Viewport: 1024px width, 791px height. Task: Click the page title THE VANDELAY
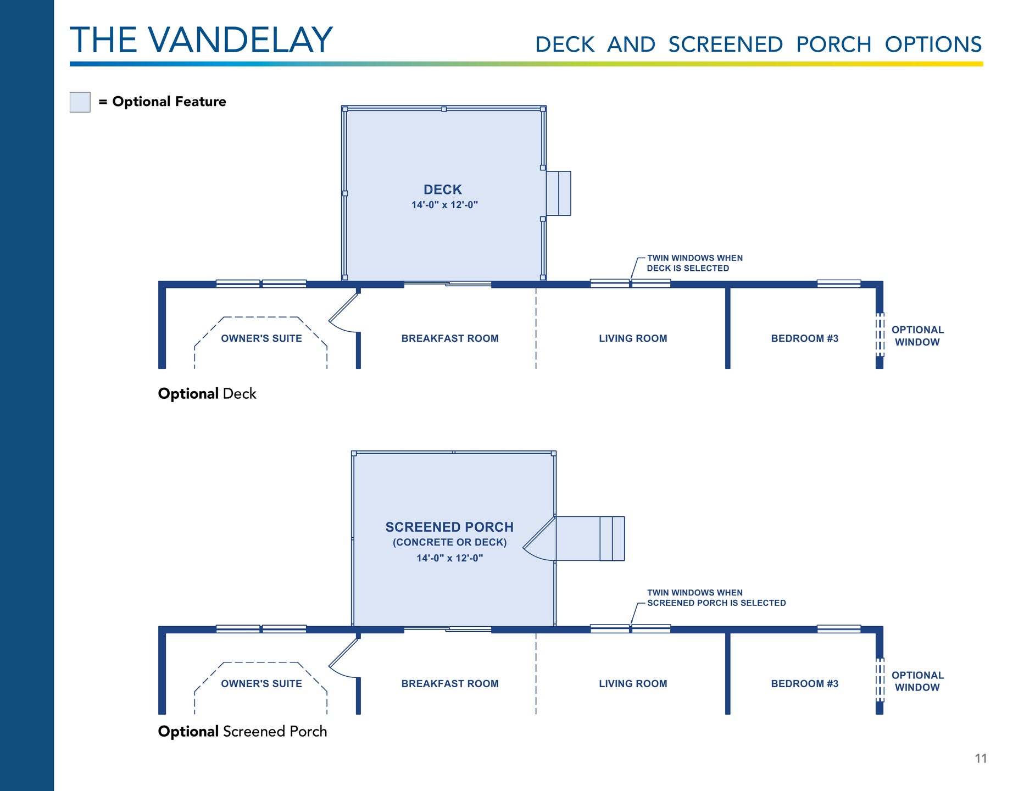pos(201,40)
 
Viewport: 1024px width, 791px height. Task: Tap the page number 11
pos(981,759)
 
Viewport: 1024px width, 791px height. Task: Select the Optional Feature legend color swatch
pos(80,102)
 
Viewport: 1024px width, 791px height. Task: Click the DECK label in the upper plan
pos(443,190)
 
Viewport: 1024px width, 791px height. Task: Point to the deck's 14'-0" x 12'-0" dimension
pos(444,205)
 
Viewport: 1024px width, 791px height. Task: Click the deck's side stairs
pos(559,193)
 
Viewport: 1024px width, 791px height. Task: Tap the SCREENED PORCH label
pos(449,527)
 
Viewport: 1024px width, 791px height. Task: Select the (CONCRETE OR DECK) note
pos(449,542)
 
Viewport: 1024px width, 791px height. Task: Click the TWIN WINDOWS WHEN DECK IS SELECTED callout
pos(694,263)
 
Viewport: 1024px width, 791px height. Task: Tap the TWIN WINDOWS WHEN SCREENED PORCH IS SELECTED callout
pos(716,598)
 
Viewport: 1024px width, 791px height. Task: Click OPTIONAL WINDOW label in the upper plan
pos(917,336)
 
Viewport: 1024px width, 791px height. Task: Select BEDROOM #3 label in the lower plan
pos(804,683)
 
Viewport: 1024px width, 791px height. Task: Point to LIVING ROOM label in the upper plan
pos(633,338)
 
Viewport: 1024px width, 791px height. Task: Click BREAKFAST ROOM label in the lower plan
pos(450,683)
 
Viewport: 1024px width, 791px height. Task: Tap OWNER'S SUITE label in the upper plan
pos(261,338)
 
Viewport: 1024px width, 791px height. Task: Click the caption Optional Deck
pos(207,394)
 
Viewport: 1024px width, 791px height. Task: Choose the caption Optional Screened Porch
pos(242,732)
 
